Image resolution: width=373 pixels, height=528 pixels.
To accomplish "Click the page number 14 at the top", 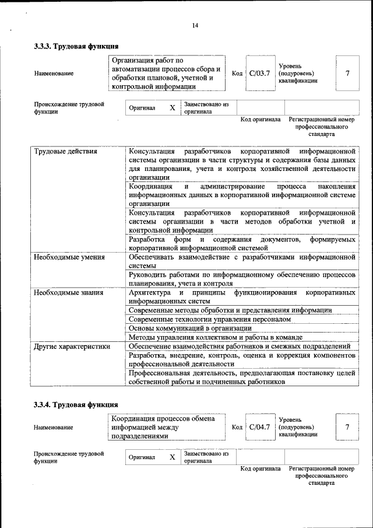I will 195,25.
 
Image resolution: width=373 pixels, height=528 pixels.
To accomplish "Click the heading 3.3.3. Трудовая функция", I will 76,46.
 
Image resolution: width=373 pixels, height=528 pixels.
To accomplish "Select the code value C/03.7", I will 259,74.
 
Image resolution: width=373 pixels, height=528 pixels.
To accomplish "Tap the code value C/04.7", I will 259,427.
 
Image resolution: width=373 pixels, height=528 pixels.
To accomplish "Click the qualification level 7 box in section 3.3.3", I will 347,74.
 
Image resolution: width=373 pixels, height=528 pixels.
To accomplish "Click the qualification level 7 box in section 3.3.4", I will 347,427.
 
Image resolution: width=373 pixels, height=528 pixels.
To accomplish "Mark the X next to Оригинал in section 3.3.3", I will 172,108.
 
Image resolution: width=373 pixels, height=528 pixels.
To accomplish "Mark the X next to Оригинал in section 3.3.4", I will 172,457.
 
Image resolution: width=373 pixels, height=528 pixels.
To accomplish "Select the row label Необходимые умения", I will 69,257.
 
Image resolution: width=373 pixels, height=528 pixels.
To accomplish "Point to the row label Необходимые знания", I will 68,292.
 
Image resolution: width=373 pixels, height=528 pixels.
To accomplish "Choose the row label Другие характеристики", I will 72,347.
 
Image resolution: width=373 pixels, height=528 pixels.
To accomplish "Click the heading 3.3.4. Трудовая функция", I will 76,404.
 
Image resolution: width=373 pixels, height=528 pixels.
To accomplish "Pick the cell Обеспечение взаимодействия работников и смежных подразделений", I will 239,347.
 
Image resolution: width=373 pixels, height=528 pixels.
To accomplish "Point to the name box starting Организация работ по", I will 167,74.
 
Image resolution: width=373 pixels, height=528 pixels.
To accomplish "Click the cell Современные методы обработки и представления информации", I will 230,310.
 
